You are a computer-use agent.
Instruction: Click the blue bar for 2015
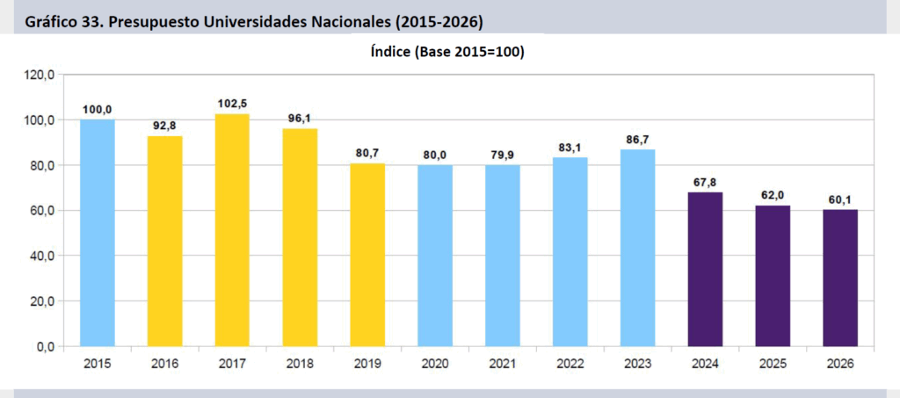(97, 233)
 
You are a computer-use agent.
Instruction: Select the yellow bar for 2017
(232, 230)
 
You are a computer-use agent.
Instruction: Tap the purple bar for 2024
(705, 269)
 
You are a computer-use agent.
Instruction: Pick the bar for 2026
(840, 278)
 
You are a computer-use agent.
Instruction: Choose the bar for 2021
(502, 256)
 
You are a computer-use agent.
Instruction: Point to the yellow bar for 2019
(367, 255)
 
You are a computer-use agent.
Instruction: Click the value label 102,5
(232, 104)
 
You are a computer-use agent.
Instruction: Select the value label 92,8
(164, 126)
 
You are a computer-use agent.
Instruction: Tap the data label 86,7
(637, 139)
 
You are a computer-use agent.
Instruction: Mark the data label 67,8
(705, 182)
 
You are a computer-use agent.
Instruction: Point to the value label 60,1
(840, 199)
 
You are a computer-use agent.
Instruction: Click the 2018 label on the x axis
(300, 363)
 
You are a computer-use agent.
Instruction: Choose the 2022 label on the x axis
(570, 363)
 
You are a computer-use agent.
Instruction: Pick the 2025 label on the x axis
(773, 363)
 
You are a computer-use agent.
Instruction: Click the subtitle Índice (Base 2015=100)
(447, 53)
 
